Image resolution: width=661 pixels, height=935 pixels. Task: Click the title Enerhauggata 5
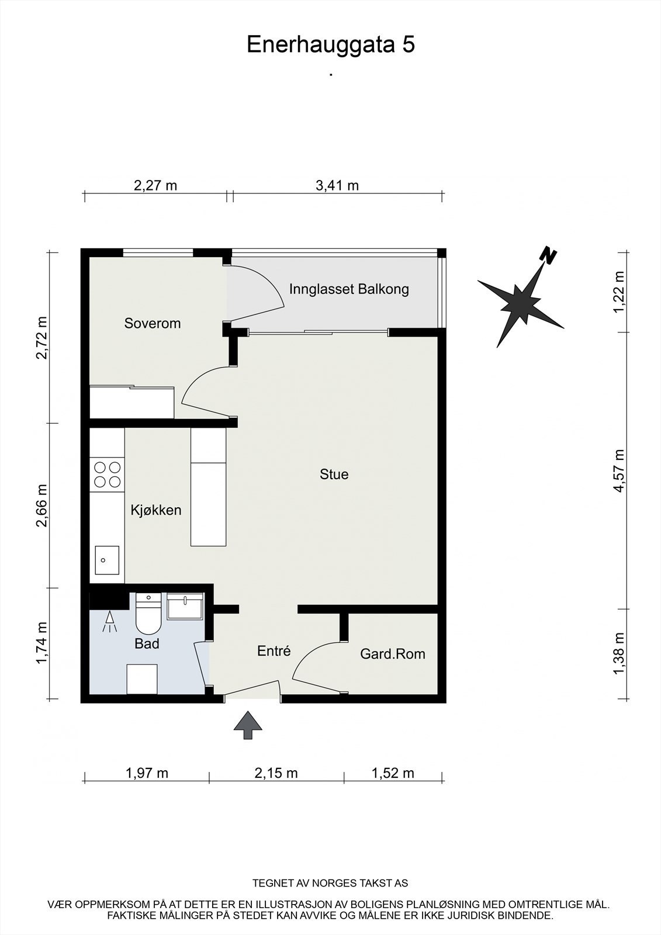point(331,44)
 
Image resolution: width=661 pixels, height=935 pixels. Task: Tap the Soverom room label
point(153,323)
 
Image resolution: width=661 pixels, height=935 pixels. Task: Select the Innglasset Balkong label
point(349,289)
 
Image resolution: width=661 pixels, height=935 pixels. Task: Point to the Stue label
point(334,474)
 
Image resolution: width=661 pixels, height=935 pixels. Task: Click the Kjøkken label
point(155,510)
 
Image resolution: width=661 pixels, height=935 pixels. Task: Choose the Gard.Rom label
point(393,654)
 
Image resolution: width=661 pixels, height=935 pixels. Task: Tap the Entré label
point(274,651)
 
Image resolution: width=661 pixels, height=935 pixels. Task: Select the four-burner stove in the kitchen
point(108,475)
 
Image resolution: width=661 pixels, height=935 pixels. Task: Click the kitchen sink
point(107,560)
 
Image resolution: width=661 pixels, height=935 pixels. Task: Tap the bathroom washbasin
point(185,606)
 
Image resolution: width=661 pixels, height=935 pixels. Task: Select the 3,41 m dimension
point(337,185)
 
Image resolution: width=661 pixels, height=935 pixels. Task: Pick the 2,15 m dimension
point(276,773)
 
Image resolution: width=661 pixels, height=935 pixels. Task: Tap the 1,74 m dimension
point(41,642)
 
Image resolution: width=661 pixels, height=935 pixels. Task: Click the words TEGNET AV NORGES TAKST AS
point(330,871)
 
